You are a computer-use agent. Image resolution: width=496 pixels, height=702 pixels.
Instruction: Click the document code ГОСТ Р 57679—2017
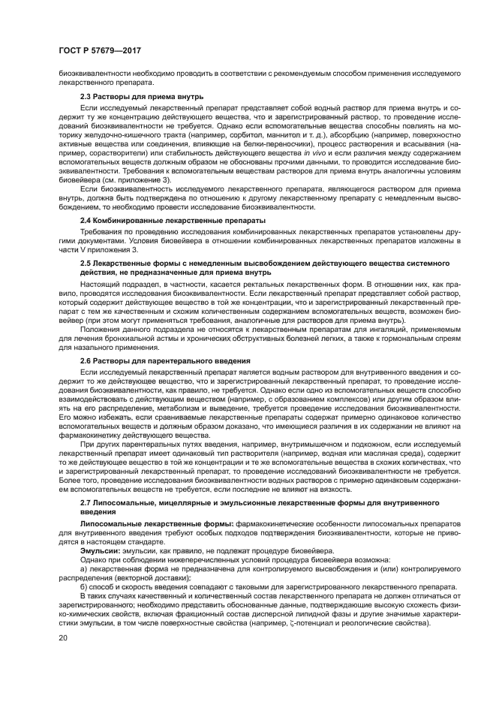[100, 50]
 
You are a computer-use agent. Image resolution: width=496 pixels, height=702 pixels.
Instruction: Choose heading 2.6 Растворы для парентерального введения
[165, 361]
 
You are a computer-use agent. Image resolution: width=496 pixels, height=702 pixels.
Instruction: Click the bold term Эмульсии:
[101, 550]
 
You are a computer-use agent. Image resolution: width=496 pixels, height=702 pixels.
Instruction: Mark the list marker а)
[85, 568]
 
